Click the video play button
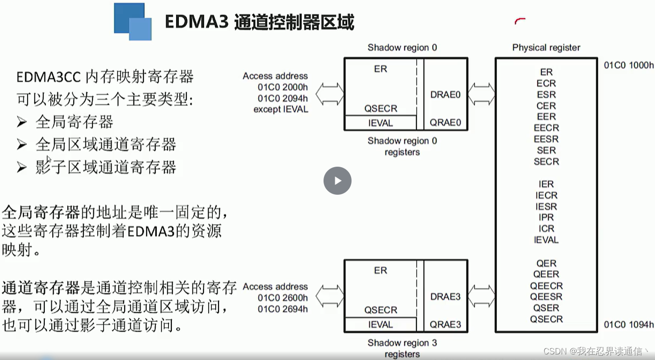click(337, 181)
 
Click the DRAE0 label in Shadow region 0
click(445, 95)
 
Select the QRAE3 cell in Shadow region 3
click(445, 325)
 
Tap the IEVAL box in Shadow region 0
click(380, 123)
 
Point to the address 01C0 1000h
click(628, 65)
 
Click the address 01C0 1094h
click(628, 325)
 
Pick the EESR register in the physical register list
click(546, 139)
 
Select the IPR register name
click(546, 218)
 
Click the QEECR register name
click(546, 286)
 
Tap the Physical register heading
click(546, 48)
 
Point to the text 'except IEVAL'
click(281, 109)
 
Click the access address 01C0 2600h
click(282, 298)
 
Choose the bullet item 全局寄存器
click(74, 122)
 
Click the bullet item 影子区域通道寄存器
click(106, 167)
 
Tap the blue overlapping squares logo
click(133, 21)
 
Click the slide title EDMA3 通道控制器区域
click(259, 22)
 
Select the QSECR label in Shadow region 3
click(380, 310)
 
